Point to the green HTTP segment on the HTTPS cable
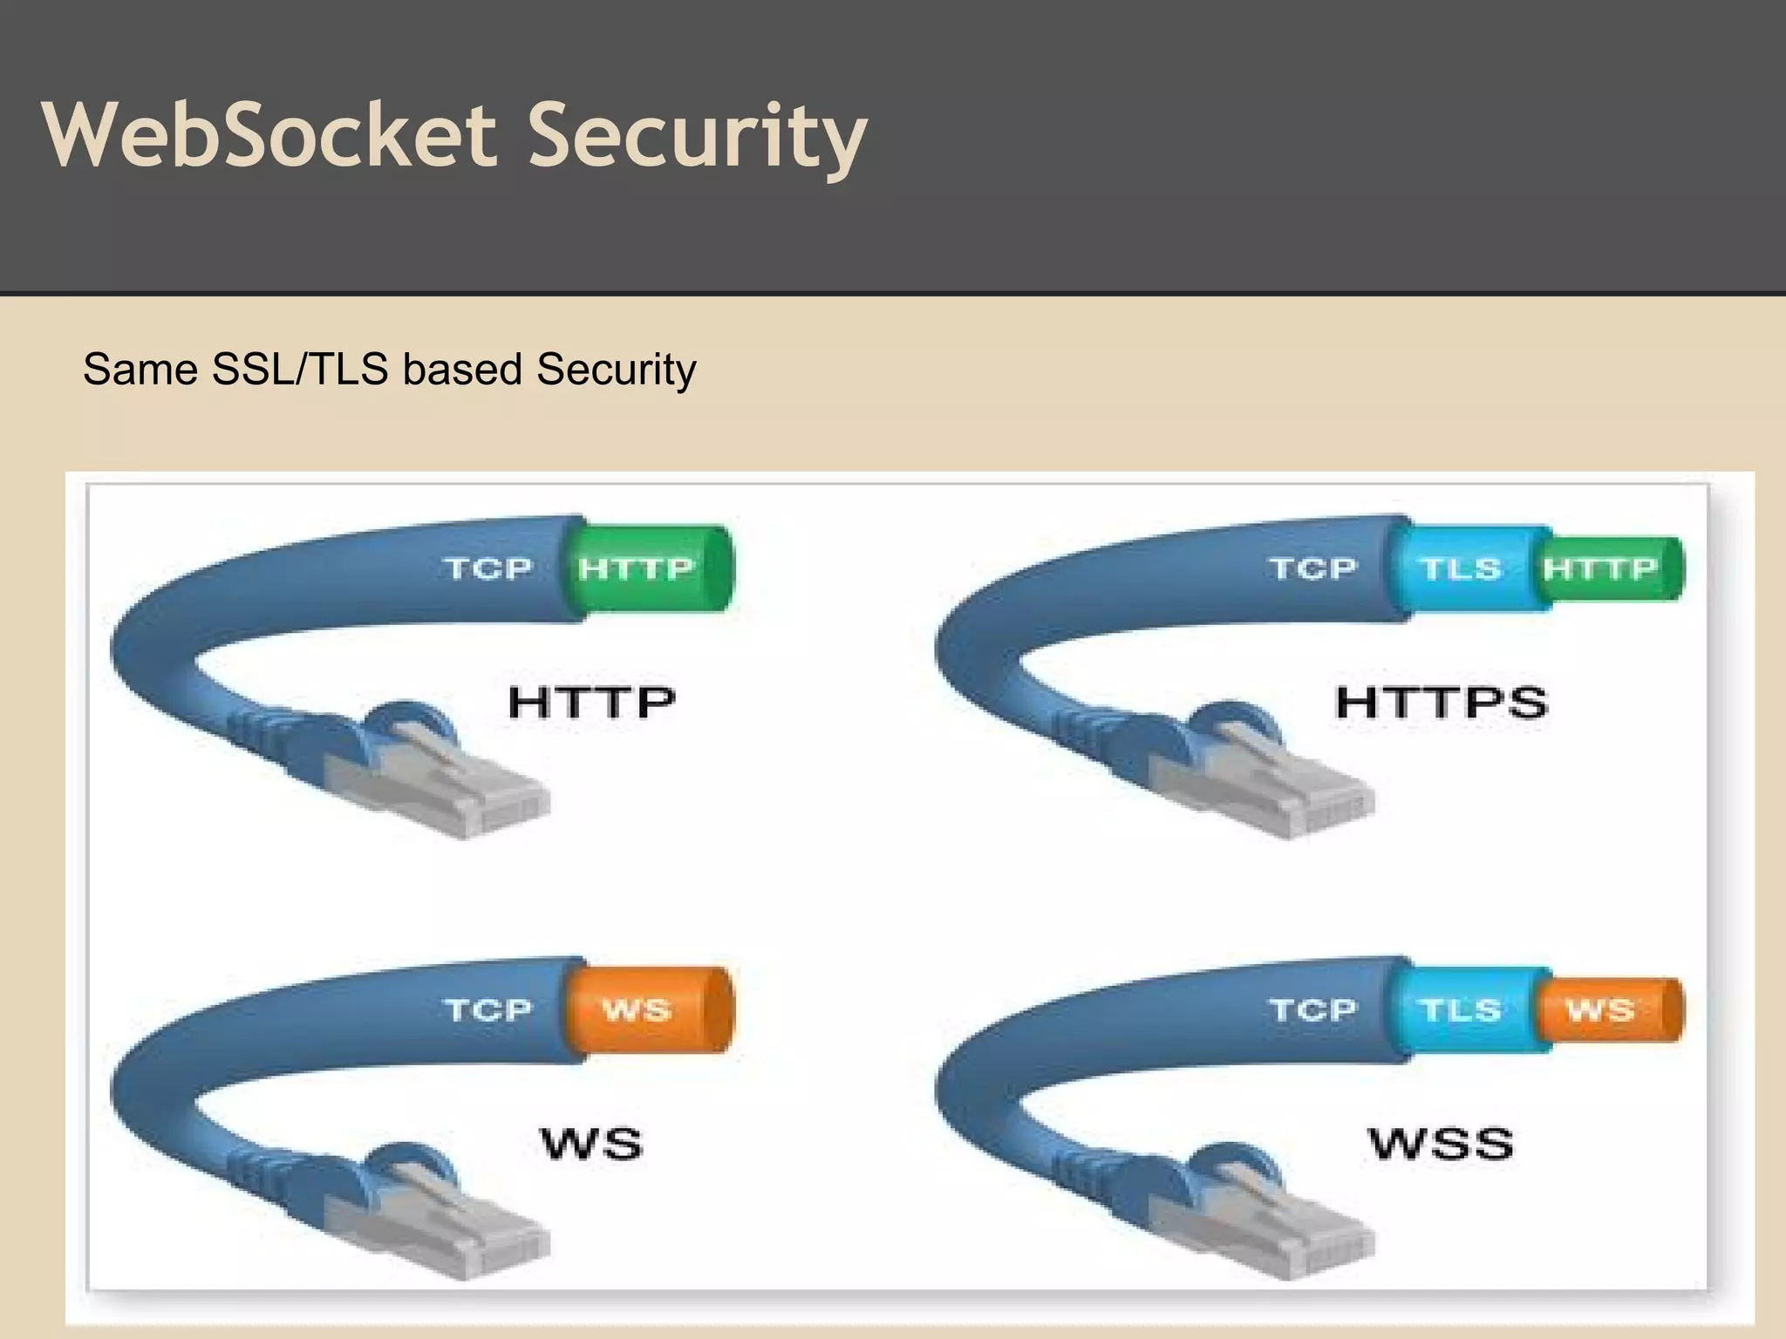1605,568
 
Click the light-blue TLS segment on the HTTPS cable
1461,568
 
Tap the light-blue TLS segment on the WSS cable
1461,1009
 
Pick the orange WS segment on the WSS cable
1605,1009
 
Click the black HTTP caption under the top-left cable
591,703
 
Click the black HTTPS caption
1441,703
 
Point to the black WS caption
591,1144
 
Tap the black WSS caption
1441,1144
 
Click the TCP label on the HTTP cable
487,568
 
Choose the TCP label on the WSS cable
1312,1009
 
